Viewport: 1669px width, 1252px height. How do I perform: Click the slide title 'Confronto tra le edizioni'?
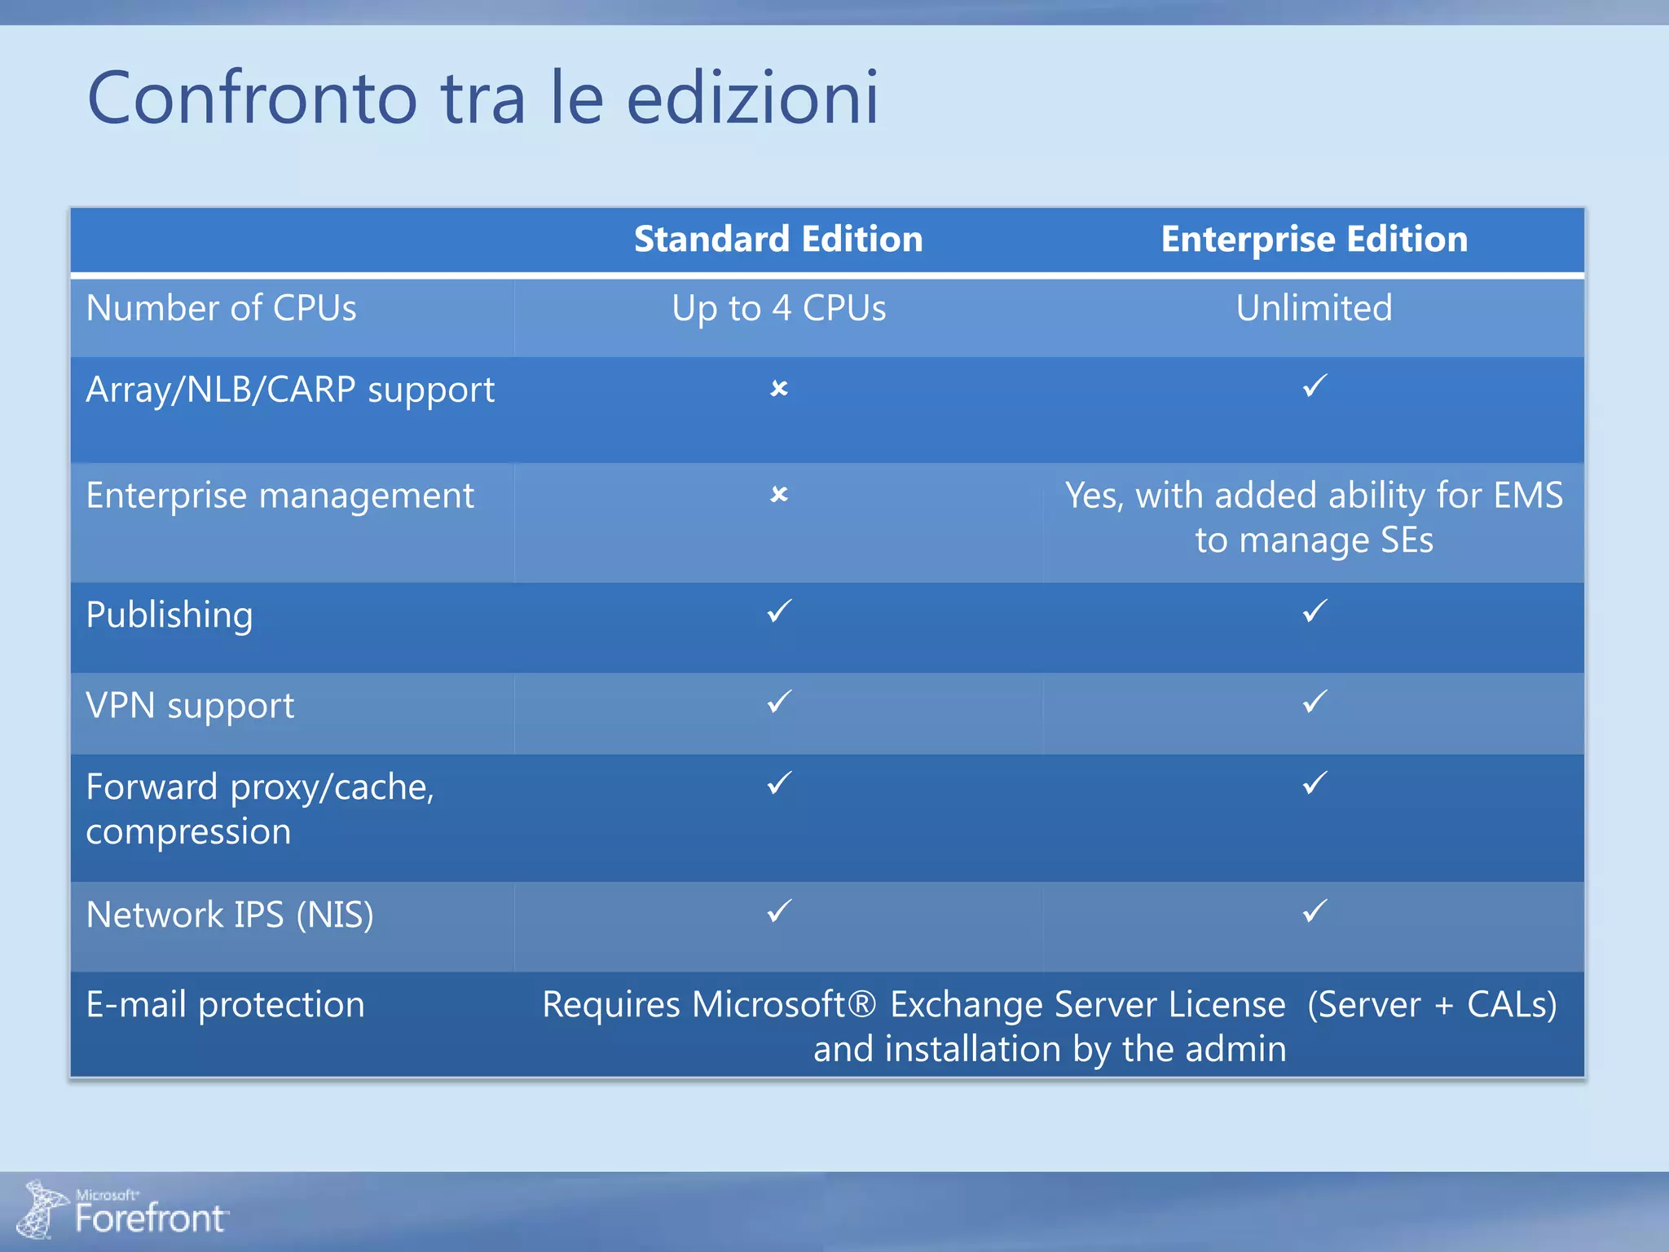(x=482, y=98)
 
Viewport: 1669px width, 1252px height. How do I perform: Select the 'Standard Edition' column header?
(x=778, y=240)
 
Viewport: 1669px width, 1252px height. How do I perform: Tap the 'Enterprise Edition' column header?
(x=1314, y=240)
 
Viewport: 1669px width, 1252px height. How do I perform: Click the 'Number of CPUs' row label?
(x=221, y=309)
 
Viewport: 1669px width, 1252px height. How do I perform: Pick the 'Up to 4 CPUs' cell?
(x=778, y=309)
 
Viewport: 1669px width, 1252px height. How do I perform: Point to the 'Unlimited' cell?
(x=1314, y=309)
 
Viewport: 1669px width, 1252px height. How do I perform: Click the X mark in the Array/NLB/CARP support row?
(x=779, y=389)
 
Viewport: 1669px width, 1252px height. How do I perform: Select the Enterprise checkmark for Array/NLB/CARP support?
(x=1315, y=386)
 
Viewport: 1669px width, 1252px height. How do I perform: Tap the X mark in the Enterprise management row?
(x=779, y=495)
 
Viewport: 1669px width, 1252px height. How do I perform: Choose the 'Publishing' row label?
(x=170, y=615)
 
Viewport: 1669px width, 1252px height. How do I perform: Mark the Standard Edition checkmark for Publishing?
(x=779, y=611)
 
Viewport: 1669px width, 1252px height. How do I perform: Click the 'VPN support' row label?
(x=190, y=706)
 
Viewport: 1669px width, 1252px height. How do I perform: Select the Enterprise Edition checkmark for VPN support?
(x=1315, y=702)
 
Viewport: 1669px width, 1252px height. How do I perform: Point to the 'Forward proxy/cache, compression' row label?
(x=259, y=809)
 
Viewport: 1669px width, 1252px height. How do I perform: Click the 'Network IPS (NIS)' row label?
(x=230, y=915)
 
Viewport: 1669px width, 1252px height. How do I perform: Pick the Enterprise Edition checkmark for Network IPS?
(x=1315, y=911)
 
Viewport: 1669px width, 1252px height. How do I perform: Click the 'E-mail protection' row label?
(x=225, y=1004)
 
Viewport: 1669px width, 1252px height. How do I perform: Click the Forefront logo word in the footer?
(x=150, y=1219)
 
